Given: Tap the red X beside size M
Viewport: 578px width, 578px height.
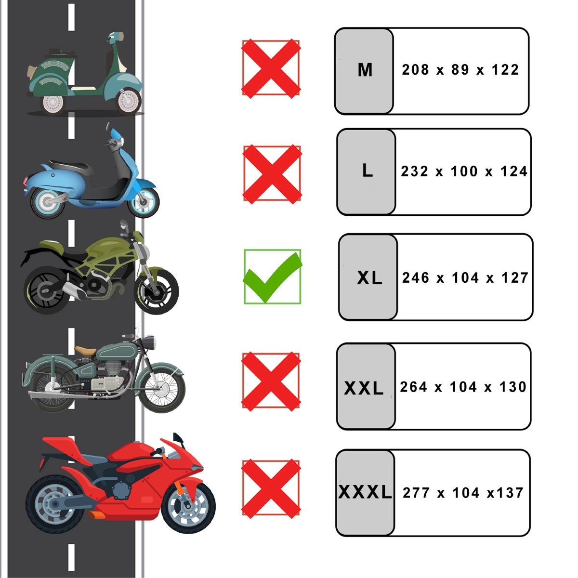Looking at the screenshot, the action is pyautogui.click(x=271, y=69).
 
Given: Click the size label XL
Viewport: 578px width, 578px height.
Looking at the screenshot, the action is pyautogui.click(x=369, y=277).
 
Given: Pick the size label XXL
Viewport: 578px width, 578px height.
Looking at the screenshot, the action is pyautogui.click(x=364, y=388).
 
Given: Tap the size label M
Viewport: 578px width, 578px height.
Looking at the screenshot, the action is pyautogui.click(x=365, y=70).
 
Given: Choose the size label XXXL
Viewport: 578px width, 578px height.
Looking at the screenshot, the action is pyautogui.click(x=365, y=492).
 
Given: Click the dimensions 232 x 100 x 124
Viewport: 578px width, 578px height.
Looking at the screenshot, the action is pyautogui.click(x=464, y=171).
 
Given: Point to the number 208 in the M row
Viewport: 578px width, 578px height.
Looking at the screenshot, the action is pyautogui.click(x=415, y=69).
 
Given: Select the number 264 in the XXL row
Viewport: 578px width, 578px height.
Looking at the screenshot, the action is pyautogui.click(x=413, y=387).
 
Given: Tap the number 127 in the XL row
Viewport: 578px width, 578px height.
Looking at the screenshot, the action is pyautogui.click(x=514, y=278).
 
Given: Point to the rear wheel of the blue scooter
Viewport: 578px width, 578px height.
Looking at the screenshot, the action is pyautogui.click(x=47, y=201).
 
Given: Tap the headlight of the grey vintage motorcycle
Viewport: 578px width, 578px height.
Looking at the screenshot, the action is pyautogui.click(x=149, y=342).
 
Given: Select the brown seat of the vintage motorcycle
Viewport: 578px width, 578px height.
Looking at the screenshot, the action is pyautogui.click(x=85, y=350).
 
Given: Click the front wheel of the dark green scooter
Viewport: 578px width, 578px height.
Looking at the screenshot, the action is pyautogui.click(x=129, y=101).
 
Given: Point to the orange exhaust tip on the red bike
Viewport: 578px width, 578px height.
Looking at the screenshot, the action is pyautogui.click(x=97, y=515).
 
